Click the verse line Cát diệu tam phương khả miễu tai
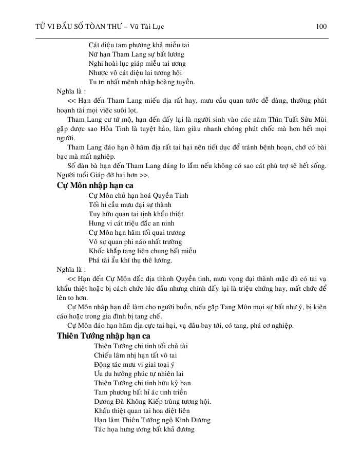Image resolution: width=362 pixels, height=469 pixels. tap(139, 45)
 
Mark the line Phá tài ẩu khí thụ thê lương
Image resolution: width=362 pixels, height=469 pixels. tap(130, 260)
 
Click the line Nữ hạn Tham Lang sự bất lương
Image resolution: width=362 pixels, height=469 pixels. tap(137, 54)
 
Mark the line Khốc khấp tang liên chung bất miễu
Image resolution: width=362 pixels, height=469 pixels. tap(142, 251)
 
